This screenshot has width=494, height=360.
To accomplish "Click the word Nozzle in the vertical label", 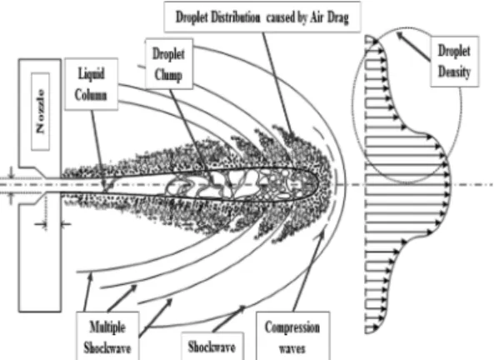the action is point(41,112).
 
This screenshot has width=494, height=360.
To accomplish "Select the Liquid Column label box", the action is point(92,84).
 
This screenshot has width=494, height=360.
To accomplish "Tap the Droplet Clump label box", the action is point(169,64).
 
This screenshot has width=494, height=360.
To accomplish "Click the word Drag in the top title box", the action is point(337,17).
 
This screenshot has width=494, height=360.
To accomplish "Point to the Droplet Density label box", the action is point(455,61).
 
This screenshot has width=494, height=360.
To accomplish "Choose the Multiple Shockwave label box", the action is point(107,336).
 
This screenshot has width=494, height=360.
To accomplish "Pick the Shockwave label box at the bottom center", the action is point(212,346).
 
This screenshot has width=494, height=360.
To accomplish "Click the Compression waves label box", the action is point(292,336).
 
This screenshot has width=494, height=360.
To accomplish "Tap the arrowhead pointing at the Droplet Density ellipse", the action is point(400,35).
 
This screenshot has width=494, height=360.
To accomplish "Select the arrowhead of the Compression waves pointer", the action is point(322,233).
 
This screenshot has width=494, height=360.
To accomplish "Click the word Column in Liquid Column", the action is point(91,95).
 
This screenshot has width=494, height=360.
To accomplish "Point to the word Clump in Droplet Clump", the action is point(168,76).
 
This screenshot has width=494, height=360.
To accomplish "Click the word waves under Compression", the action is point(292,348).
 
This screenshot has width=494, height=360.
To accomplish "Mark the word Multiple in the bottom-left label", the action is point(107,327).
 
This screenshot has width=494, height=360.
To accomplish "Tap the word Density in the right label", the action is point(455,72).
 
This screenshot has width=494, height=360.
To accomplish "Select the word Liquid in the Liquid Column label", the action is point(92,74).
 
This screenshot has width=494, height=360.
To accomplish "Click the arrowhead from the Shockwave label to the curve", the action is point(242,308).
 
